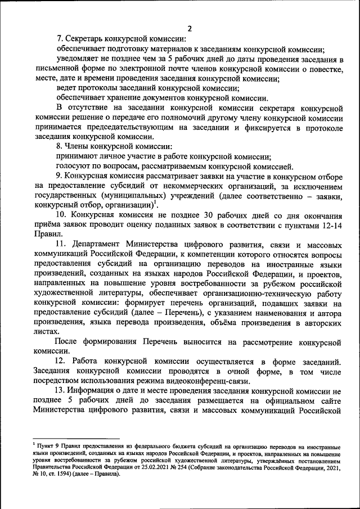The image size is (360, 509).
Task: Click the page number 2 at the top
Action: coord(190,29)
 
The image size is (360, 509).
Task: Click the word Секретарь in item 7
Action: coord(85,39)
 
